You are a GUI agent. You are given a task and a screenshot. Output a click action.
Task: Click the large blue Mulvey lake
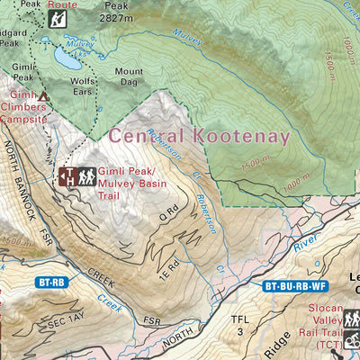[x=65, y=59]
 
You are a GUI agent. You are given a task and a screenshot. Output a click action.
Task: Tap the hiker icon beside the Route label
[x=58, y=17]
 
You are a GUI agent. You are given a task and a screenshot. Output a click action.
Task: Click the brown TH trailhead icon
[x=67, y=176]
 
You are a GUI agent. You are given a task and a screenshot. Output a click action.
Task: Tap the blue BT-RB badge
[x=51, y=282]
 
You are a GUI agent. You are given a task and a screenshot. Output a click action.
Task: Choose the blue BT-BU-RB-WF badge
[x=294, y=286]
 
